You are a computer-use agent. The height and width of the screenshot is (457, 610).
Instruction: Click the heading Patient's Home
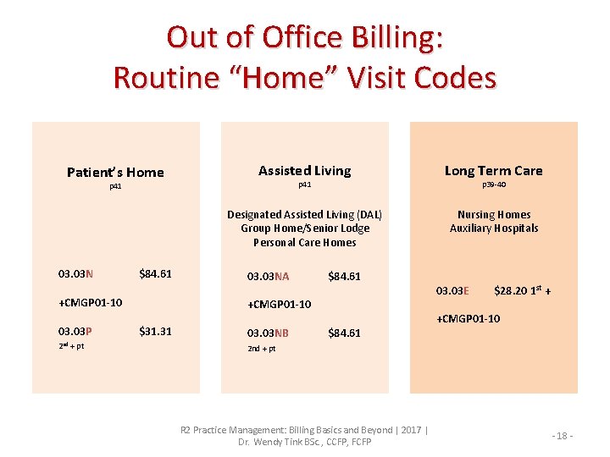tap(115, 173)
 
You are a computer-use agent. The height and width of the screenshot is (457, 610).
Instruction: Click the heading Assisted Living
tap(304, 171)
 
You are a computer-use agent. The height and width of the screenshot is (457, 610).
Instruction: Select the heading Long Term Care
tap(493, 171)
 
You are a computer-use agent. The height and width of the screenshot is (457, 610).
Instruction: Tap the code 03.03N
tap(75, 273)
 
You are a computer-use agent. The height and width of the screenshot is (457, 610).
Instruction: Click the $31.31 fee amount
tap(155, 331)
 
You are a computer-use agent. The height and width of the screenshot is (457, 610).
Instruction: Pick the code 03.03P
tap(75, 331)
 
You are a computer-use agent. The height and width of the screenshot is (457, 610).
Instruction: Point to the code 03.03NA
tap(268, 277)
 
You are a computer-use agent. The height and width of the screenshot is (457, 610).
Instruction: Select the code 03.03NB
tap(268, 333)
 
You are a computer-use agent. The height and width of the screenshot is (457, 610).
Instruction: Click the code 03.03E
tap(452, 291)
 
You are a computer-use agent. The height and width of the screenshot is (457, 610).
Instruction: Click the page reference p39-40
tap(494, 184)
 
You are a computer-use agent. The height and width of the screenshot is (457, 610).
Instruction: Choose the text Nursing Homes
tap(494, 215)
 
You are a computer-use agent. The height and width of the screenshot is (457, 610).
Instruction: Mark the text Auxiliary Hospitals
tap(494, 228)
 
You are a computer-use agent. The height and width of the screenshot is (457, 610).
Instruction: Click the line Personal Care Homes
tap(304, 242)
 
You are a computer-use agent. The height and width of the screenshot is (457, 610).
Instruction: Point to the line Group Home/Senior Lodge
tap(304, 228)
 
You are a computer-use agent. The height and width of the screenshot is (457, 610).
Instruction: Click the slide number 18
tap(563, 435)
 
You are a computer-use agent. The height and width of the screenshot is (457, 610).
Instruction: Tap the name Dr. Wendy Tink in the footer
tap(272, 442)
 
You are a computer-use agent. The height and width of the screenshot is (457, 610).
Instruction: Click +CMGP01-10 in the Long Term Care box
tap(468, 319)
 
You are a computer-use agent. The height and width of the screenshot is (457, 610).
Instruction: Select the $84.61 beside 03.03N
tap(155, 273)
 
